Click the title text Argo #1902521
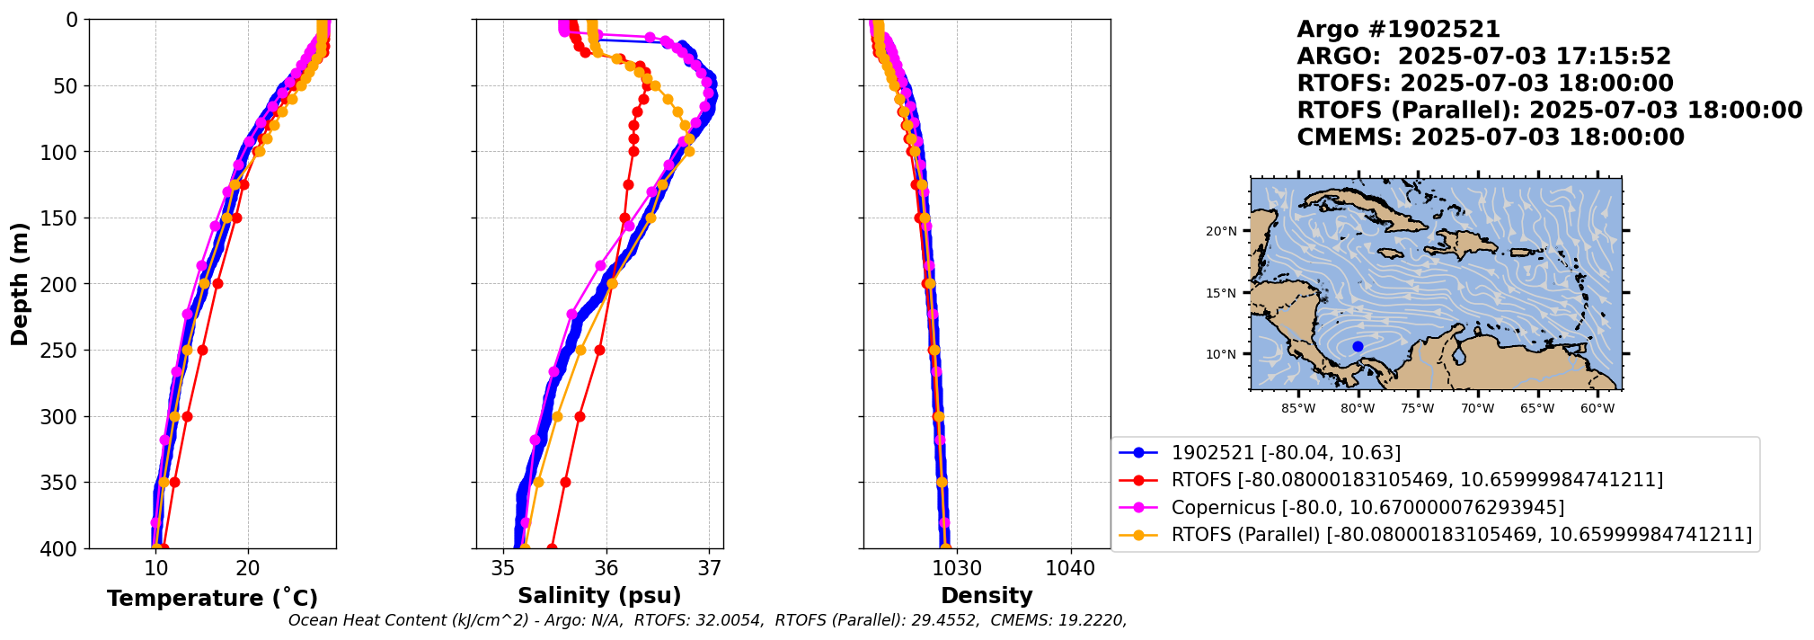click(x=1398, y=30)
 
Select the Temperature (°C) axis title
click(x=212, y=598)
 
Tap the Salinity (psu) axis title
click(x=599, y=596)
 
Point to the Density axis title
click(x=987, y=596)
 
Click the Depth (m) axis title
click(x=19, y=284)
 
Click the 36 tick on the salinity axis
click(x=606, y=568)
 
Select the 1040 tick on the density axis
click(x=1070, y=568)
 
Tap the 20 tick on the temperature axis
click(x=248, y=568)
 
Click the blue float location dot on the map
click(x=1358, y=346)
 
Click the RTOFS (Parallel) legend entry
click(x=1461, y=535)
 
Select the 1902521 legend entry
click(x=1285, y=453)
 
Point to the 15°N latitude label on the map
click(x=1221, y=293)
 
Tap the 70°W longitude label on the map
click(x=1477, y=408)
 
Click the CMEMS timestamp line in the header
click(x=1490, y=138)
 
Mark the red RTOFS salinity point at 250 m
click(x=599, y=350)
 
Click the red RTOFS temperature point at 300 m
click(x=187, y=416)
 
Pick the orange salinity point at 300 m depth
click(x=557, y=416)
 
